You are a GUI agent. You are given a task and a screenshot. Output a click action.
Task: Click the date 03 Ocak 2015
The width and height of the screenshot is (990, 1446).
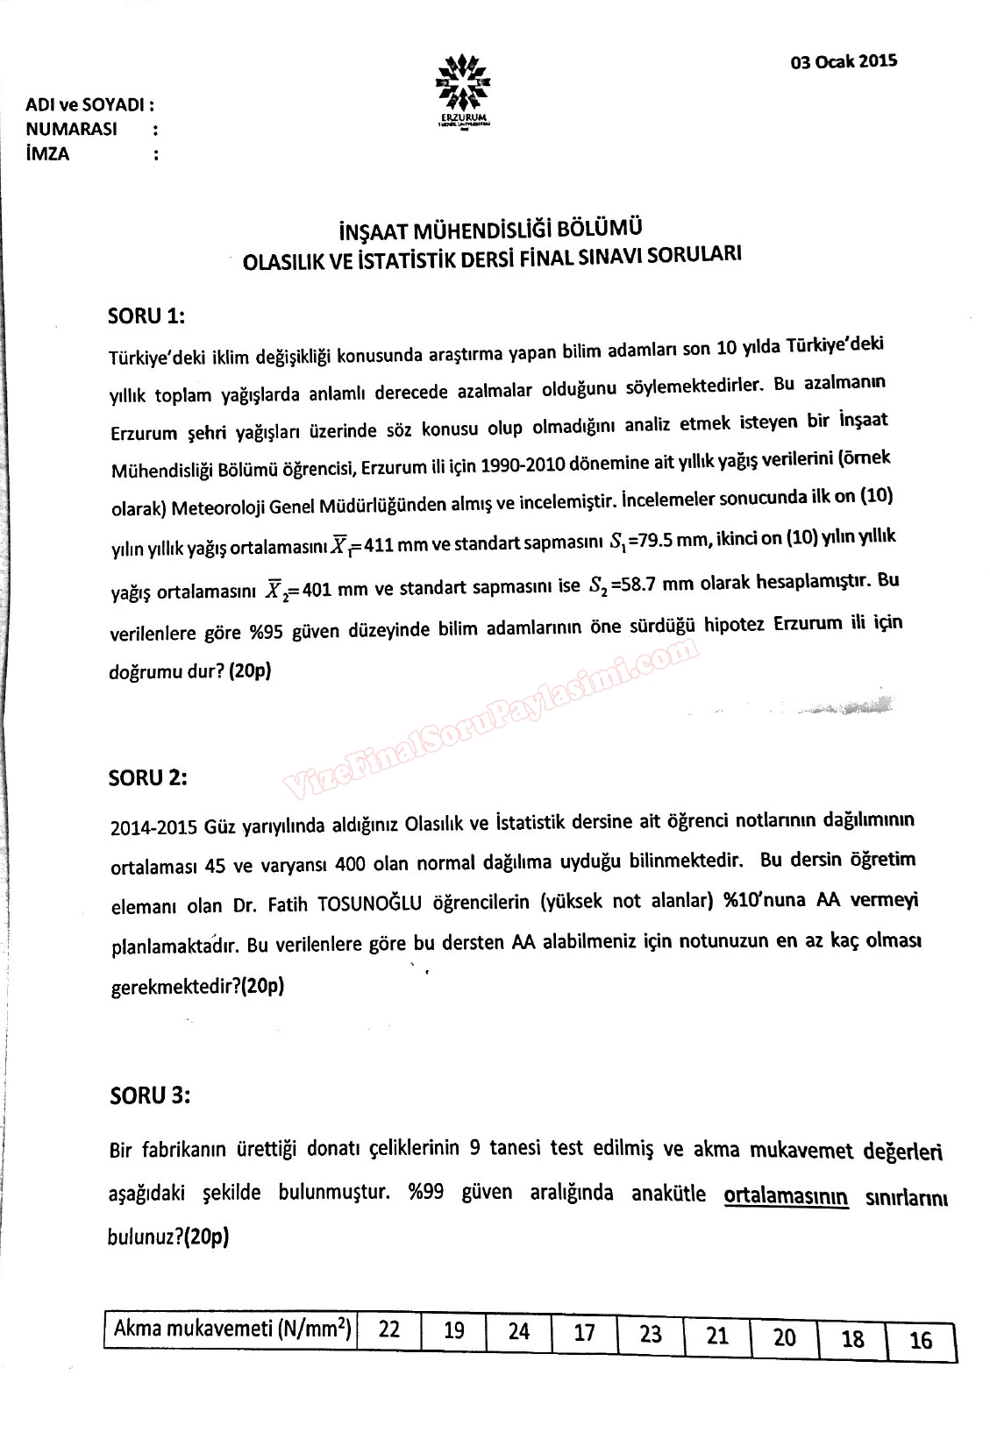843,61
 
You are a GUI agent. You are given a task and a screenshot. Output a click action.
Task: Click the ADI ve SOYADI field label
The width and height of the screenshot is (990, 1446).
89,105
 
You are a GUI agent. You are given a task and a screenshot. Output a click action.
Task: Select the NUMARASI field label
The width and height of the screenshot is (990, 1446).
72,130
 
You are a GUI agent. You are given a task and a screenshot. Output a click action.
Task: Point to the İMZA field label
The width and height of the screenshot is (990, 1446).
48,154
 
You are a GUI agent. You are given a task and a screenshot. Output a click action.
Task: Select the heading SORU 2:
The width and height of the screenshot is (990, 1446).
147,777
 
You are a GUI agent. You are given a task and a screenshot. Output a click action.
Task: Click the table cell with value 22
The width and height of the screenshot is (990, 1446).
389,1329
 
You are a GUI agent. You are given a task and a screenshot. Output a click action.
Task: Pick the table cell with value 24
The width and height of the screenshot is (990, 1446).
519,1332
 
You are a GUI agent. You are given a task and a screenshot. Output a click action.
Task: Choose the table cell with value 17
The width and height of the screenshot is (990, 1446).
584,1334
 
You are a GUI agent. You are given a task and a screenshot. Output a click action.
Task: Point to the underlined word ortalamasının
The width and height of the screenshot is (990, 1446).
786,1195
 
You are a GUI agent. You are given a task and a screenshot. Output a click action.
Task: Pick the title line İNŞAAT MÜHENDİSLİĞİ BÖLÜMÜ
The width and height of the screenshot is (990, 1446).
490,231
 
